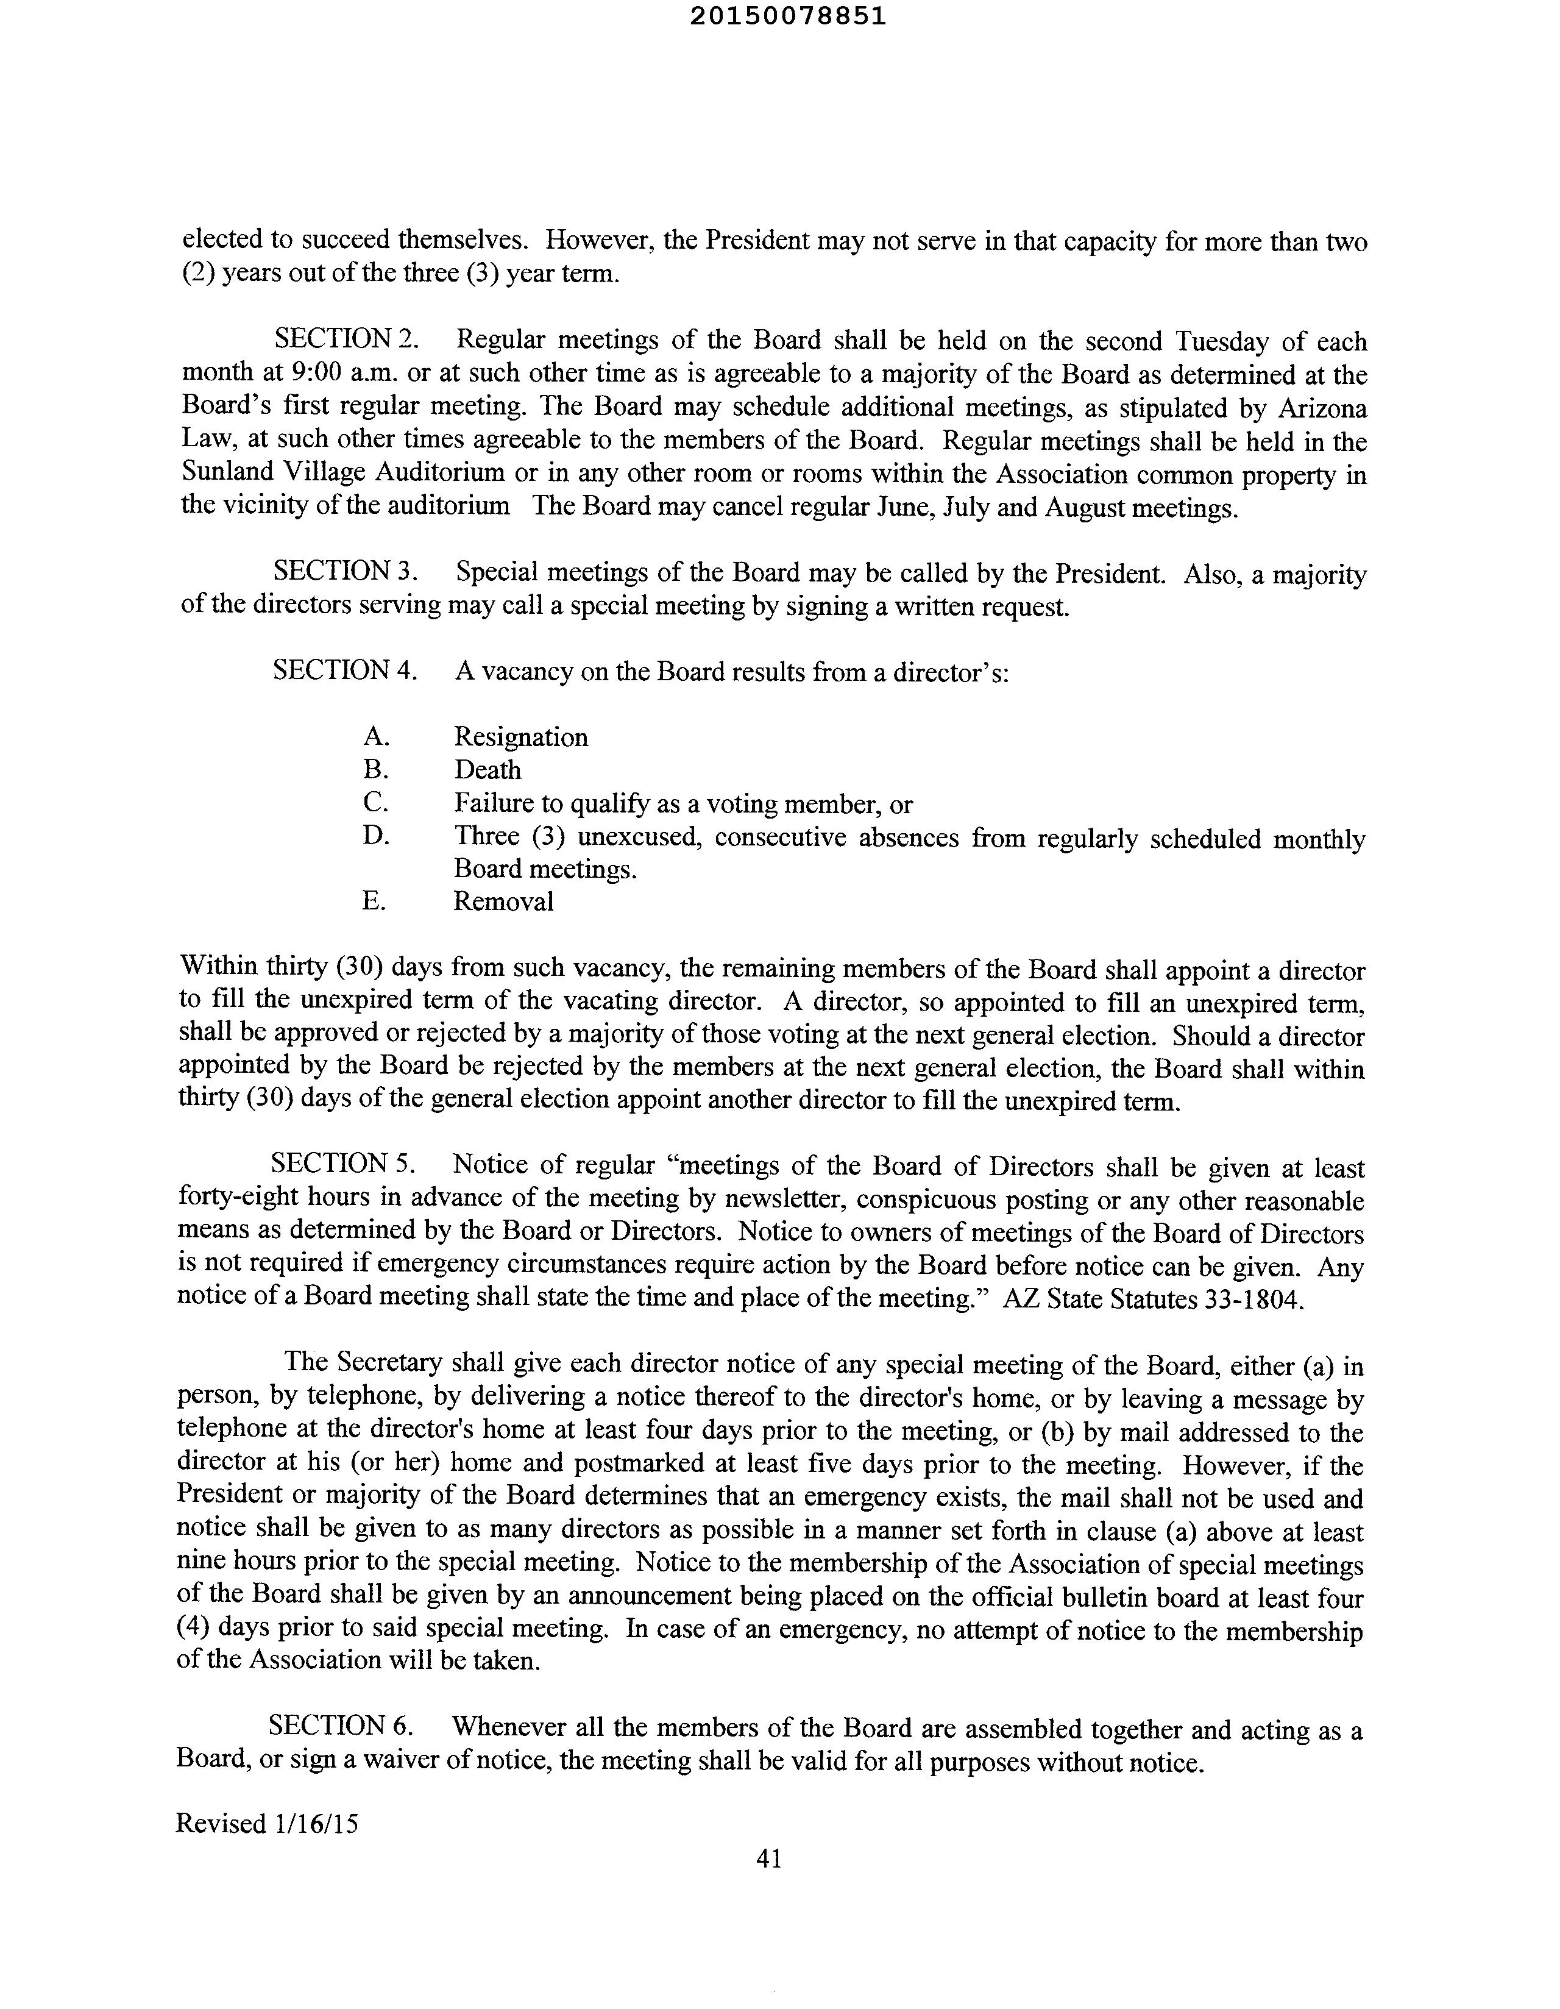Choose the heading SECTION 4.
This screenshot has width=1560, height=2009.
[x=346, y=670]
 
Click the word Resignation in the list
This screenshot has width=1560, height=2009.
[x=520, y=737]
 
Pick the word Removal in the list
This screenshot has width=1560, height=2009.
[x=503, y=901]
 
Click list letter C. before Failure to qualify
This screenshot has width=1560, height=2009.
[x=375, y=803]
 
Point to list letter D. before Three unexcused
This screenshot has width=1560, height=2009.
[x=375, y=836]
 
